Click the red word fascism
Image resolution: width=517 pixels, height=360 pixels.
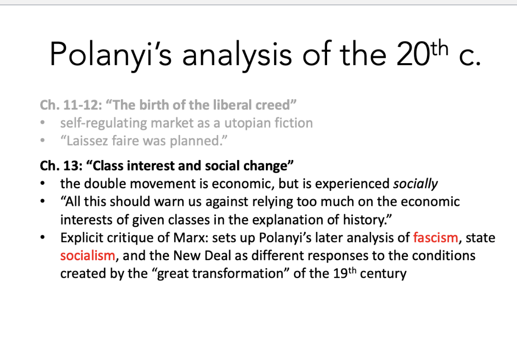[436, 238]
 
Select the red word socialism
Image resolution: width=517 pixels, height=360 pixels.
[88, 256]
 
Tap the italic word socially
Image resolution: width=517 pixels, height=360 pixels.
[416, 184]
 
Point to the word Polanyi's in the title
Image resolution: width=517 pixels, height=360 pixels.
[111, 54]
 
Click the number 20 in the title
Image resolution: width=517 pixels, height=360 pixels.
[413, 54]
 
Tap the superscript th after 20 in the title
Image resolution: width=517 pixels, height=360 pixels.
[439, 48]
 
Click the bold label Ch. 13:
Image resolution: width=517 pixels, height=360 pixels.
[61, 166]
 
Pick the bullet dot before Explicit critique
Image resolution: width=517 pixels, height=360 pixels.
[43, 238]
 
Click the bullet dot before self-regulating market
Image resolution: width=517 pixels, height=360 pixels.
[43, 123]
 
